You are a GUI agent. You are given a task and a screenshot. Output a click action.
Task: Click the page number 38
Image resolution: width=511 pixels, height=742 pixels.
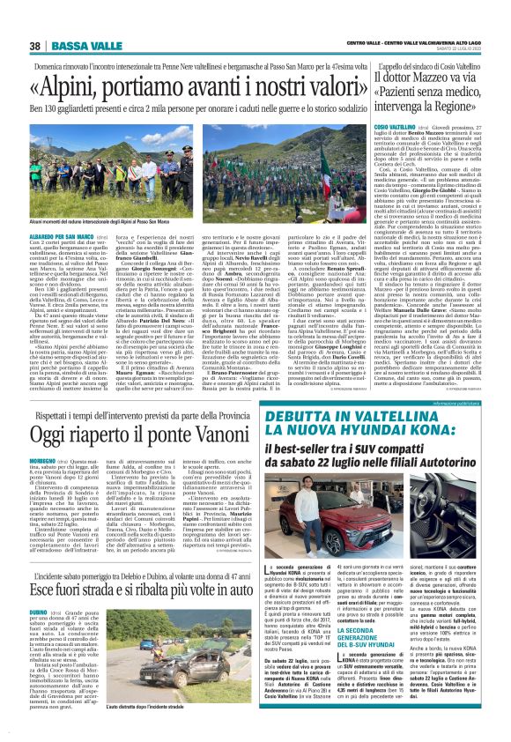pyautogui.click(x=33, y=46)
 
